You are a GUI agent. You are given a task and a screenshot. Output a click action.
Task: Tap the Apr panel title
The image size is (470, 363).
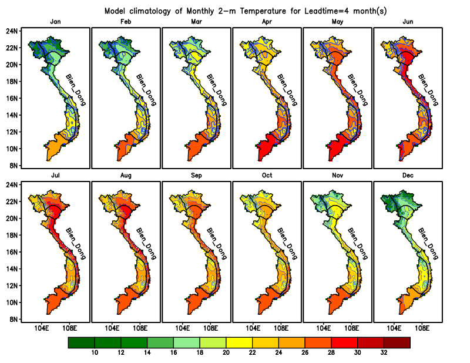coord(267,22)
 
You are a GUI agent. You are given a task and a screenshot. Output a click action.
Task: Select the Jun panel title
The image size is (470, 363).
coord(408,22)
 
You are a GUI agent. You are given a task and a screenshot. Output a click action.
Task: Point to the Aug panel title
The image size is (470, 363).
coord(126,176)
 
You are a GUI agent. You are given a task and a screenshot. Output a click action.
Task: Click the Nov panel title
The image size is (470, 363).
coord(337,176)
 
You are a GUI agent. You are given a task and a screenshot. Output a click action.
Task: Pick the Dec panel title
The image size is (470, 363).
coord(408,176)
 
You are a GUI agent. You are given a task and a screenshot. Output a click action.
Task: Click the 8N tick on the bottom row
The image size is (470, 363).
coord(14,320)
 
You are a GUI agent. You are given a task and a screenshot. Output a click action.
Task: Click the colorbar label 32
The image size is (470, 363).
coord(383,352)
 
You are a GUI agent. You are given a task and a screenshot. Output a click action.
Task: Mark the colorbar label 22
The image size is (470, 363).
coord(252,352)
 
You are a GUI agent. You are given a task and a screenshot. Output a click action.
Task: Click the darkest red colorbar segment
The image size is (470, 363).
coord(397,342)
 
